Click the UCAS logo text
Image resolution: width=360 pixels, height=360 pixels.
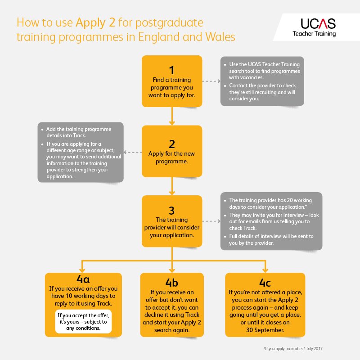318,24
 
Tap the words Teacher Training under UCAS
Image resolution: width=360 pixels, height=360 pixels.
314,34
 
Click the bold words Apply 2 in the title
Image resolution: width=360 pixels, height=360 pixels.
95,23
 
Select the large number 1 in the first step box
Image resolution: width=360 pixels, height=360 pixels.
172,70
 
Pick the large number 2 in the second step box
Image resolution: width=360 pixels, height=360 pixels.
172,144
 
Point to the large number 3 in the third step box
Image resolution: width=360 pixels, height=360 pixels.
172,211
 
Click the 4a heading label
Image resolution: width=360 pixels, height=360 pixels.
83,279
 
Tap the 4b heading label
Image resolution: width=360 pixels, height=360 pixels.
172,283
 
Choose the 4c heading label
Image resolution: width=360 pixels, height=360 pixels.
265,283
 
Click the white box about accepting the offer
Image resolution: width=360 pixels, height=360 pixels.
83,321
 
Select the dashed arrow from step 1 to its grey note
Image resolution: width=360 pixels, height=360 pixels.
211,81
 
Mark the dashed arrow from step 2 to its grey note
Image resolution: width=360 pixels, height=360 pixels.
133,152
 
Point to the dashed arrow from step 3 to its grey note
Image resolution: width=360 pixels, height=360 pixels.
211,221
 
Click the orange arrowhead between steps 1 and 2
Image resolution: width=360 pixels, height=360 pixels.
172,122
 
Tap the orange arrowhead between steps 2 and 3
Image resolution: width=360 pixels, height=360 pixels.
172,193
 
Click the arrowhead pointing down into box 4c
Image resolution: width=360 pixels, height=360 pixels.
265,270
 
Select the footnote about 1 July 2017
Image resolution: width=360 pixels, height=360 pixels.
293,348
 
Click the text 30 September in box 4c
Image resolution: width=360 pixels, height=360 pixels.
265,330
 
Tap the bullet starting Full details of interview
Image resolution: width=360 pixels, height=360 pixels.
269,239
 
